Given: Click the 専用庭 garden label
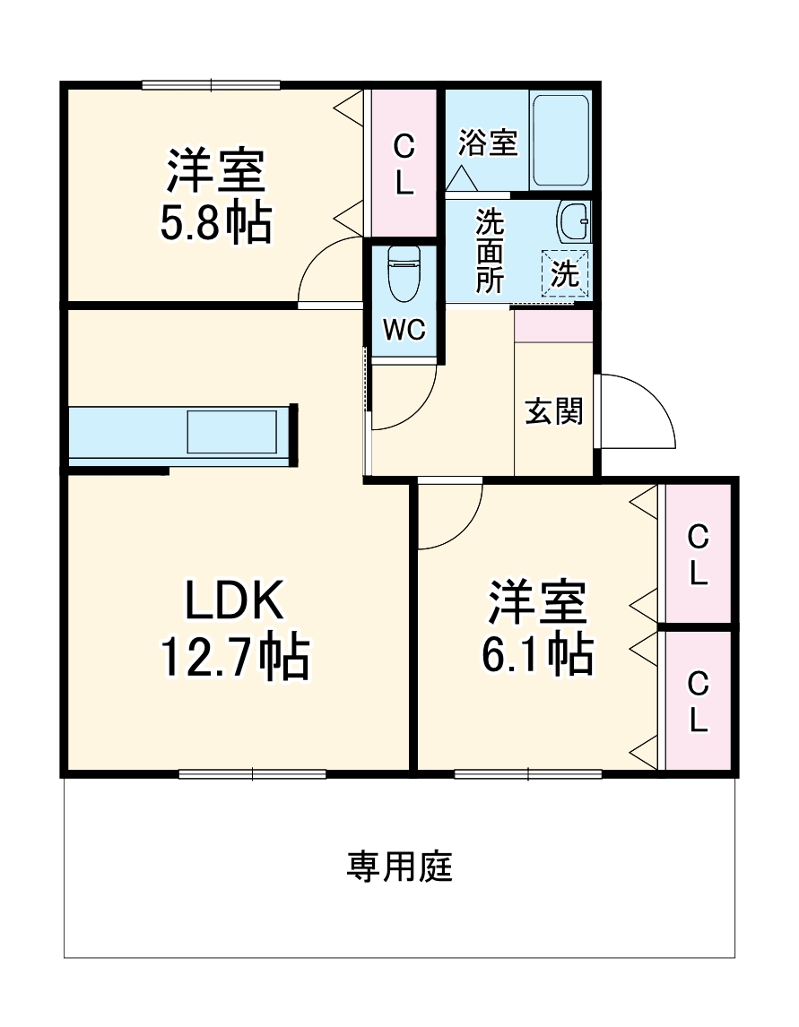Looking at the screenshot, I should pyautogui.click(x=400, y=867).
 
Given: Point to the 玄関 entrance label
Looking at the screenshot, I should pyautogui.click(x=553, y=410).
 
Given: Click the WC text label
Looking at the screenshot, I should pyautogui.click(x=403, y=330).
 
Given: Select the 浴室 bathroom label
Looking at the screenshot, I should pyautogui.click(x=489, y=143).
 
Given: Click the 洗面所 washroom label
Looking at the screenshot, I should pyautogui.click(x=489, y=251).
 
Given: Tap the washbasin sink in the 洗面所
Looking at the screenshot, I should pyautogui.click(x=573, y=220).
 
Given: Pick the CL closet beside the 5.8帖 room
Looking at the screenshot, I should pyautogui.click(x=404, y=164).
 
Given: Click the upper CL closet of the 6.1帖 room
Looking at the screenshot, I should pyautogui.click(x=698, y=554).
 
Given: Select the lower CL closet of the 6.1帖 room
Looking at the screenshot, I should pyautogui.click(x=698, y=702).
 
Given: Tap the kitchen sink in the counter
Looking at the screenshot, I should pyautogui.click(x=232, y=432).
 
